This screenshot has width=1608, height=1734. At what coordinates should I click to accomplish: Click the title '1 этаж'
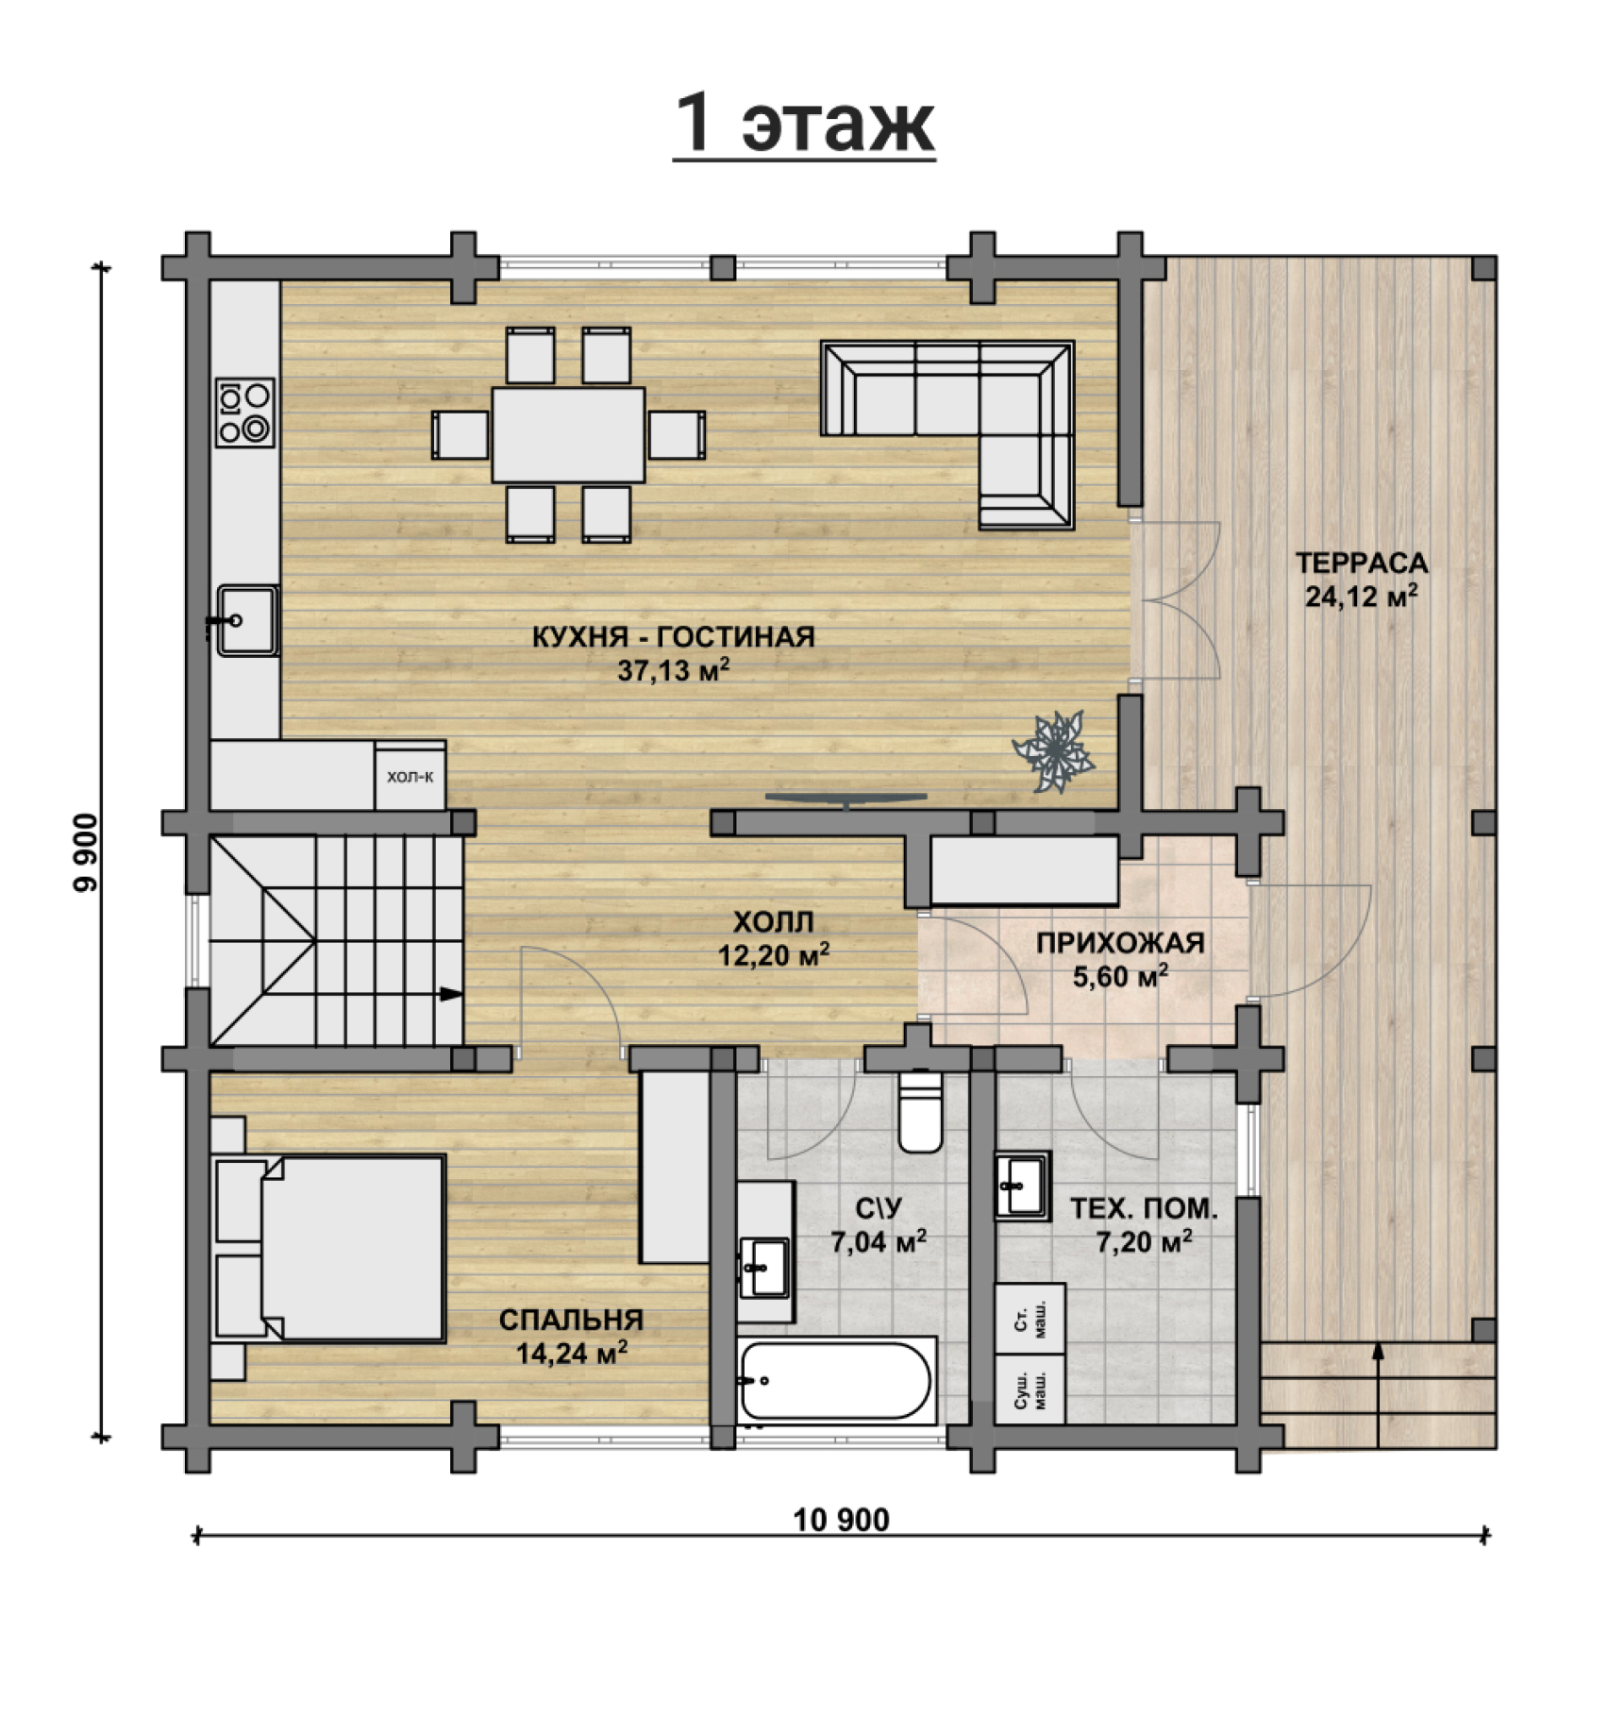[805, 124]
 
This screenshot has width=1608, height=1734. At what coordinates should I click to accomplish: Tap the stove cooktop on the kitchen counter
[245, 412]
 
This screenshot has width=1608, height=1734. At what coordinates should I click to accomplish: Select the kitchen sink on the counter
[247, 620]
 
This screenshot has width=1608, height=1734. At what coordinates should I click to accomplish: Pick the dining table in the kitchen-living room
[568, 434]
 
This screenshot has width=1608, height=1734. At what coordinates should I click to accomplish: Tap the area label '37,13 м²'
[674, 670]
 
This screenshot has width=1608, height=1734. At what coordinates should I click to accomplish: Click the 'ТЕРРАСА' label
[1362, 564]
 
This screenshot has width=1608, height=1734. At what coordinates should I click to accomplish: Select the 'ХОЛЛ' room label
[774, 921]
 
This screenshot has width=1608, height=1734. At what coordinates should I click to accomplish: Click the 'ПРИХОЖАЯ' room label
[1120, 943]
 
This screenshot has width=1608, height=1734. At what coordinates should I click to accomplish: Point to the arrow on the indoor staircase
[451, 994]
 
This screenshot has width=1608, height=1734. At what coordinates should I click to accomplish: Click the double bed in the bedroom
[328, 1248]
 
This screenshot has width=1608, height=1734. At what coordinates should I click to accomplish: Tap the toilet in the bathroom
[920, 1110]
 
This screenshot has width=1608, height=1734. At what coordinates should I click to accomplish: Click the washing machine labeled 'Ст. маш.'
[1031, 1319]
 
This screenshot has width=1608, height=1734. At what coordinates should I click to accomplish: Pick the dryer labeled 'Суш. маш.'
[1031, 1389]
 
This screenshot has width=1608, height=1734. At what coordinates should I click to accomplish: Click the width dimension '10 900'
[842, 1521]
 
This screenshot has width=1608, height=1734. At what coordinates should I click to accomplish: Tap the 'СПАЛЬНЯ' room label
[571, 1321]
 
